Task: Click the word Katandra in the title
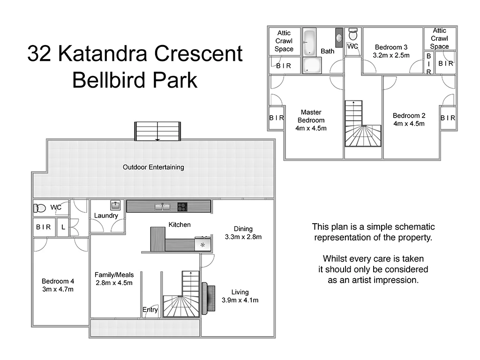pos(108,54)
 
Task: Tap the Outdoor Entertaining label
pos(153,167)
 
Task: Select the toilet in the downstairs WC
pos(40,208)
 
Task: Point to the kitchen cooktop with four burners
pos(182,206)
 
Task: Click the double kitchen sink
pos(162,206)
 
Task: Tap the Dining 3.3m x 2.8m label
pos(243,232)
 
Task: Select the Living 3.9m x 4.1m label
pos(240,296)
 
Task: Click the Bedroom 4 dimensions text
pos(58,289)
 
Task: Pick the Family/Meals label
pos(114,275)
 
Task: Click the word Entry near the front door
pos(150,310)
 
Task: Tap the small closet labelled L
pos(63,227)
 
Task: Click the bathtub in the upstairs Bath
pos(309,42)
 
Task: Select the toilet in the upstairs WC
pos(353,35)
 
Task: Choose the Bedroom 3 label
pos(391,47)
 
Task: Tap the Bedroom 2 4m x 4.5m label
pos(409,120)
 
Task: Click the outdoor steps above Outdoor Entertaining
pos(157,131)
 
